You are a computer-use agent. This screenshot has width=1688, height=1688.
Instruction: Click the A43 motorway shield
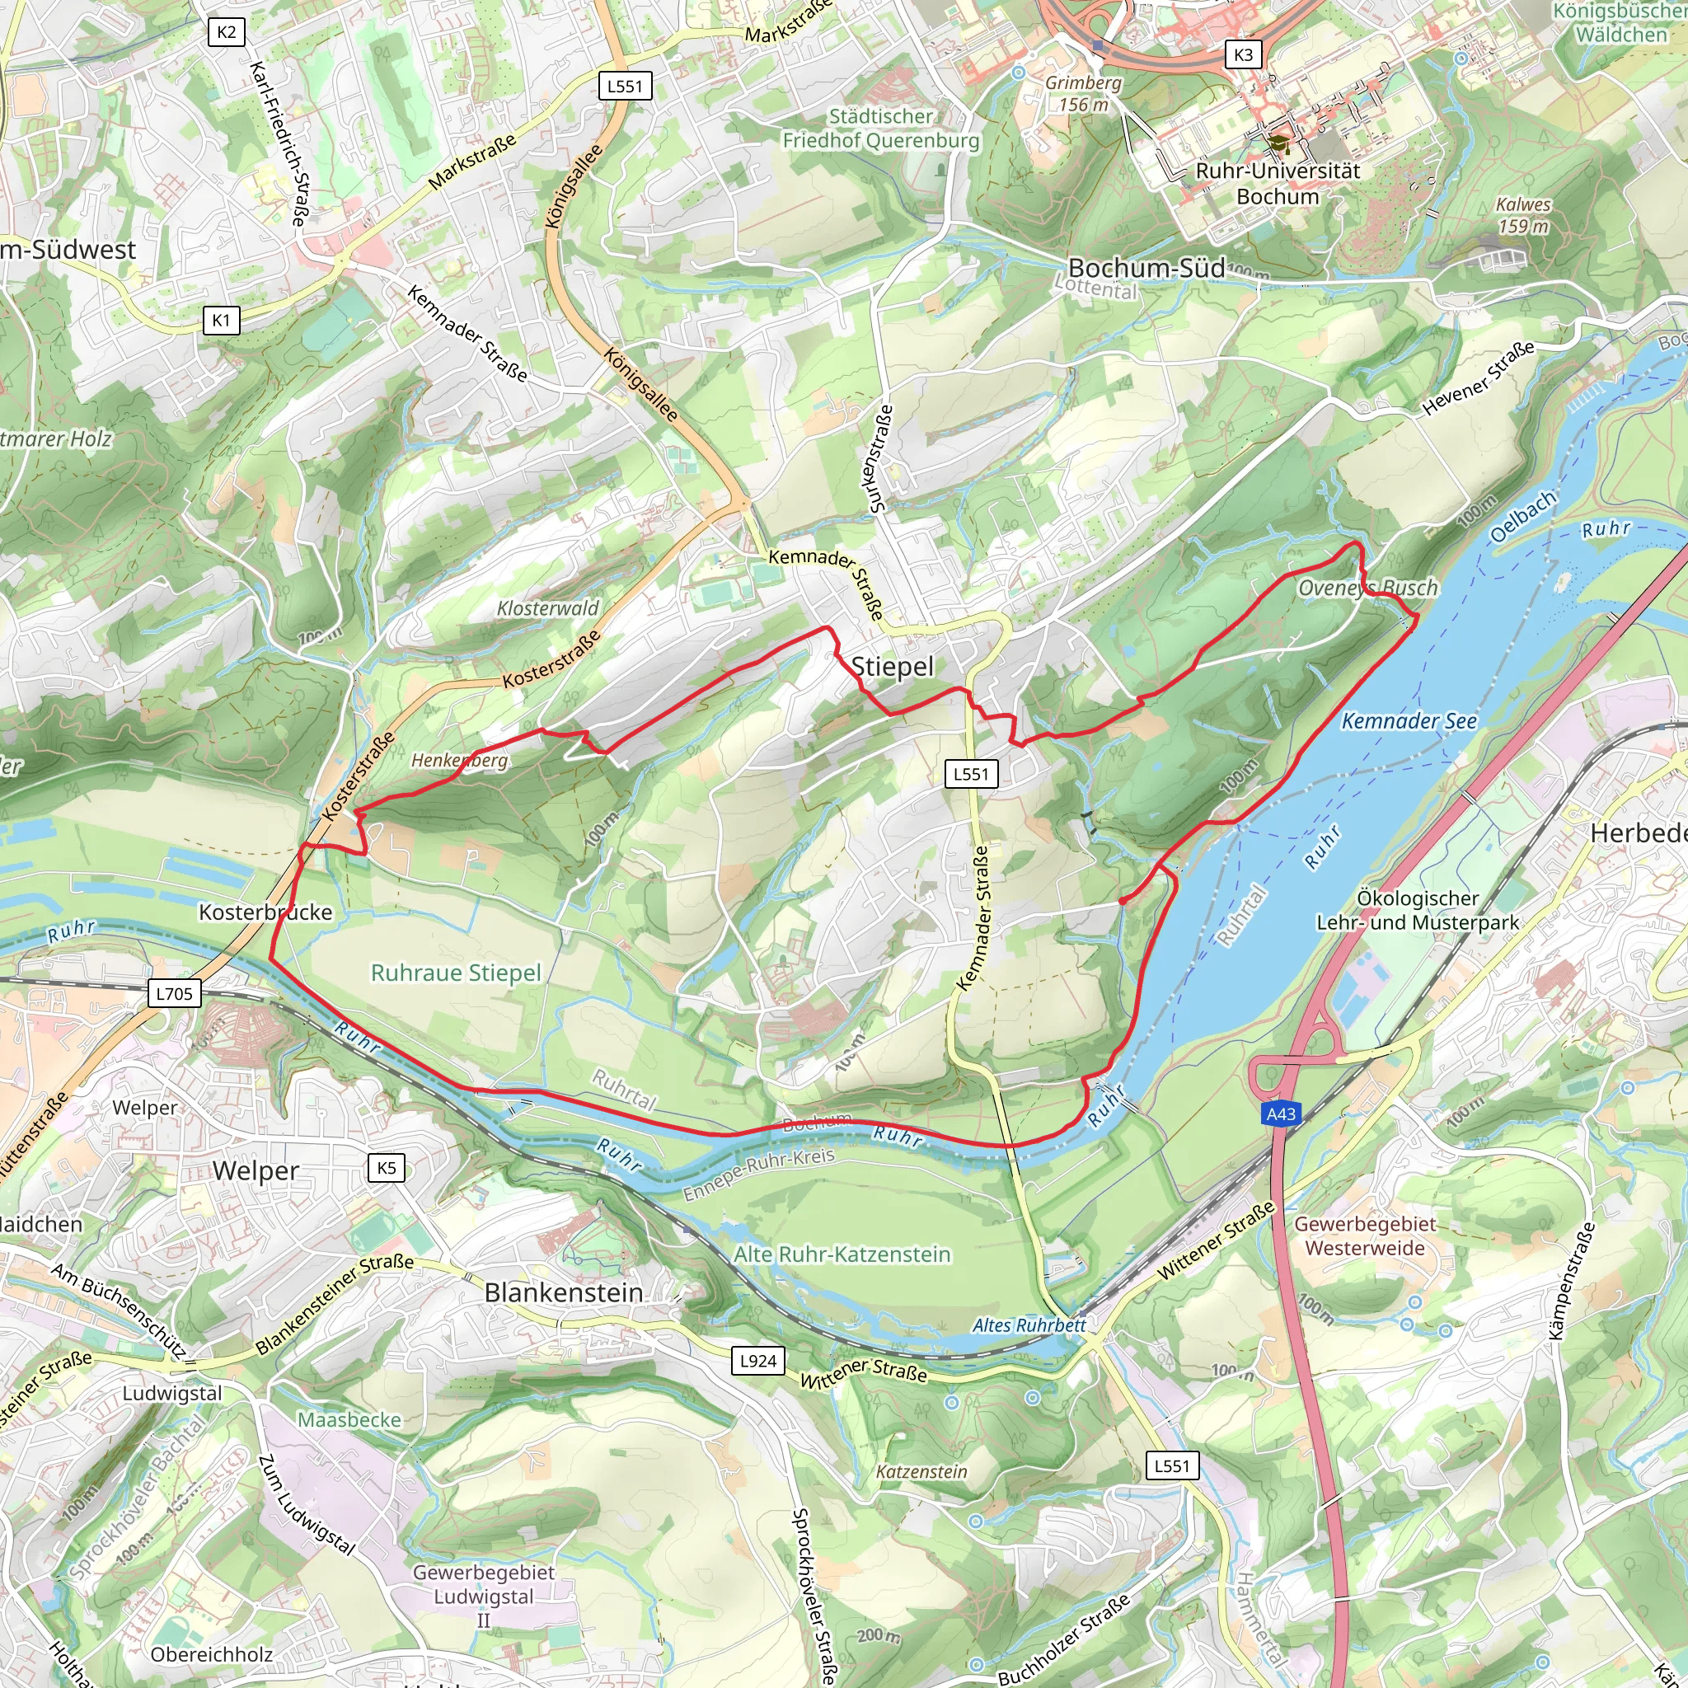click(x=1281, y=1114)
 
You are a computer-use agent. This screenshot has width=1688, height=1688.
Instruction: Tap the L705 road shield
click(x=174, y=993)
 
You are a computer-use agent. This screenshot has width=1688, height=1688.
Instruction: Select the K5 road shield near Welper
click(x=387, y=1168)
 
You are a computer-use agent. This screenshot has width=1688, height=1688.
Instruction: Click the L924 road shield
click(x=757, y=1360)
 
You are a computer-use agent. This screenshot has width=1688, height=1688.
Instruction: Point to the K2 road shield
click(x=227, y=33)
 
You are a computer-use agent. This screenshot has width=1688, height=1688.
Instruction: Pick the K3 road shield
click(x=1243, y=55)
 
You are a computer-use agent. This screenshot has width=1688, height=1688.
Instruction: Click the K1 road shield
click(x=221, y=321)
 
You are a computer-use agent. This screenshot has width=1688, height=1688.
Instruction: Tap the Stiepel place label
click(x=892, y=667)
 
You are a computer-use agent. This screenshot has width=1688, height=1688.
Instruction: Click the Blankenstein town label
click(x=564, y=1292)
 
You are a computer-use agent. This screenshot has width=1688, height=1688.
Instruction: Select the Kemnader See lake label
click(x=1409, y=721)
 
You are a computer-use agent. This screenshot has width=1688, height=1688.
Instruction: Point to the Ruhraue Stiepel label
click(x=455, y=973)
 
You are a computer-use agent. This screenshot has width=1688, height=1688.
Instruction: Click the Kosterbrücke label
click(x=265, y=912)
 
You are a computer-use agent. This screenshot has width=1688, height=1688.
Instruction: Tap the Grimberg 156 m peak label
click(x=1083, y=93)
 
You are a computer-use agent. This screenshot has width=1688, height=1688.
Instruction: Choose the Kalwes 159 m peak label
click(x=1523, y=215)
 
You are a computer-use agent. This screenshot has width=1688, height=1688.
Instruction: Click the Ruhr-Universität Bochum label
click(x=1278, y=184)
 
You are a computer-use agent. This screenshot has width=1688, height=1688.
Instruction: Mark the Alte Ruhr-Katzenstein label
click(x=842, y=1254)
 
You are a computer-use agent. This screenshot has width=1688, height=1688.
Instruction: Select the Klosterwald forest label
click(x=548, y=608)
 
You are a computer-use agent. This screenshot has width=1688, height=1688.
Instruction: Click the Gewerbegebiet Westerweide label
click(x=1365, y=1236)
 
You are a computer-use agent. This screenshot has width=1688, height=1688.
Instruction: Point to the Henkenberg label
click(x=460, y=760)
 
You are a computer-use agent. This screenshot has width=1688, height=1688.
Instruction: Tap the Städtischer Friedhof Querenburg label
click(x=881, y=129)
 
